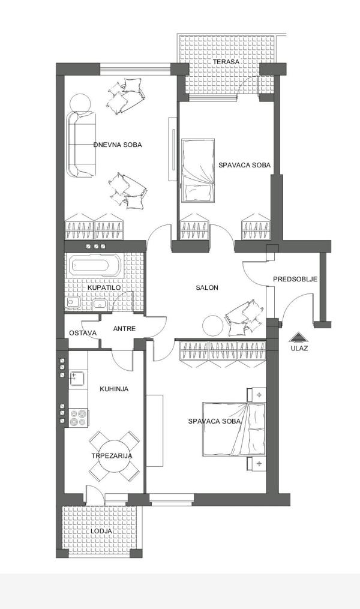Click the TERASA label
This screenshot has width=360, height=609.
pyautogui.click(x=229, y=62)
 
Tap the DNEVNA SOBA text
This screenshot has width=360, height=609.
pyautogui.click(x=118, y=145)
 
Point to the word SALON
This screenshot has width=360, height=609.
pyautogui.click(x=207, y=288)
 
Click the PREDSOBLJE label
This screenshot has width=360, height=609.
pyautogui.click(x=295, y=279)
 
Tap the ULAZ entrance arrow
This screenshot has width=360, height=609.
pyautogui.click(x=298, y=337)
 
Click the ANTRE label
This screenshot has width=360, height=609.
pyautogui.click(x=124, y=329)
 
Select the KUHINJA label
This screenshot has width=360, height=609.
pyautogui.click(x=114, y=389)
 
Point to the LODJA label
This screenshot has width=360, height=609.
pyautogui.click(x=101, y=531)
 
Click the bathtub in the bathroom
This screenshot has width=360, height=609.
pyautogui.click(x=97, y=265)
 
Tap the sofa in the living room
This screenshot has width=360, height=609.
pyautogui.click(x=81, y=144)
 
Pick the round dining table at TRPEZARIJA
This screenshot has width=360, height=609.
pyautogui.click(x=112, y=456)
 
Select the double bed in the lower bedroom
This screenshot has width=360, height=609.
pyautogui.click(x=234, y=429)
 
